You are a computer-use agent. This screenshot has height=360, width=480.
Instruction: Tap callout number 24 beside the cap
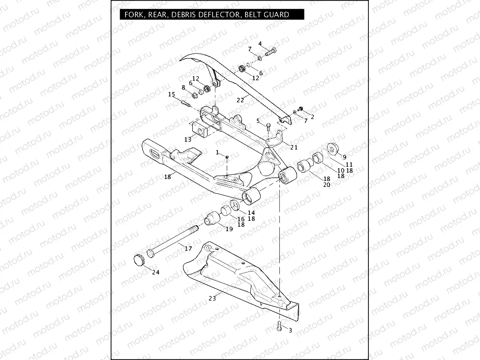pos(155,272)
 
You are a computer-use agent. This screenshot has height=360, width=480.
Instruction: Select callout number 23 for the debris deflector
pos(212,298)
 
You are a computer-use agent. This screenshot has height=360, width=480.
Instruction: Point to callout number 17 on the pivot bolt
pos(188,248)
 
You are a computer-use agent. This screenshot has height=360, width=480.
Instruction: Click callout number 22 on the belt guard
pos(240,100)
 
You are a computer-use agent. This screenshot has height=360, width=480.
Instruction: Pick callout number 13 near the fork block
pos(187,140)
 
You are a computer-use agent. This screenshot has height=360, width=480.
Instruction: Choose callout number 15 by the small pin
pos(171,94)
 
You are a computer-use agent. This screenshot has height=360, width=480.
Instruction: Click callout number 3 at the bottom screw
pos(290,330)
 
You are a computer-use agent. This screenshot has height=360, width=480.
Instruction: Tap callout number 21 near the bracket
pos(294,147)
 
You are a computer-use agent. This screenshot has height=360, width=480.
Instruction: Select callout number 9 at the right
pos(344,156)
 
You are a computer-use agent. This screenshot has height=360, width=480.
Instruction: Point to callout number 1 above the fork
pos(217,152)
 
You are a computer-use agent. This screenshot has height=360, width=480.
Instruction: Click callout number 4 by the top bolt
pos(260,44)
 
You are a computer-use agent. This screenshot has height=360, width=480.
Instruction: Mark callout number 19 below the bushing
pos(229,229)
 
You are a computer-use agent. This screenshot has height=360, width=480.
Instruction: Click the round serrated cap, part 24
pos(138,259)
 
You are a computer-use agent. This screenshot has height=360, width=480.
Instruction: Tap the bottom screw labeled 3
pos(279,325)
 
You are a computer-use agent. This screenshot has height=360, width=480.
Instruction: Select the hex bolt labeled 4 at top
pos(271,51)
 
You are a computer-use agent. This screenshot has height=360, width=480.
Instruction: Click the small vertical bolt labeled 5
pos(268,128)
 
